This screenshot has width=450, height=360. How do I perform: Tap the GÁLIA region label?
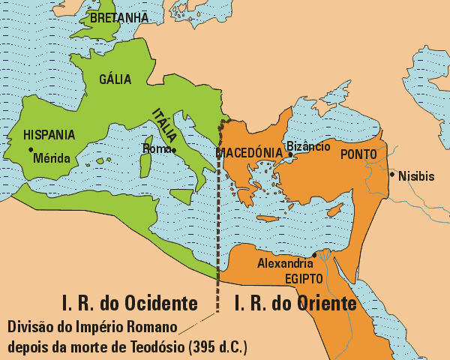(115, 79)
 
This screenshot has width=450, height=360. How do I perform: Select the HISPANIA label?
(49, 135)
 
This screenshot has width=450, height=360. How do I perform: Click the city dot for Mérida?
(31, 158)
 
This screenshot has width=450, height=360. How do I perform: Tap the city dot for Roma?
(174, 150)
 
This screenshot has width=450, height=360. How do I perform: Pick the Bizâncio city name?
(308, 145)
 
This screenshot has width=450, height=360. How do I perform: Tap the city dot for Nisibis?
(391, 175)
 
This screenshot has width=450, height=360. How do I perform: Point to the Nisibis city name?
(416, 176)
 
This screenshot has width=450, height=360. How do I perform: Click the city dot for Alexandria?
(314, 255)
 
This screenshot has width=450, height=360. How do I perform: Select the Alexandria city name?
(285, 263)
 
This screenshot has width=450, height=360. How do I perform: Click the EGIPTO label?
(304, 278)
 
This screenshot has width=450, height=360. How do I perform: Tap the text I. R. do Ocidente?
(130, 304)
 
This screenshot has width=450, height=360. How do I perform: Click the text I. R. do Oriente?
(295, 304)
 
